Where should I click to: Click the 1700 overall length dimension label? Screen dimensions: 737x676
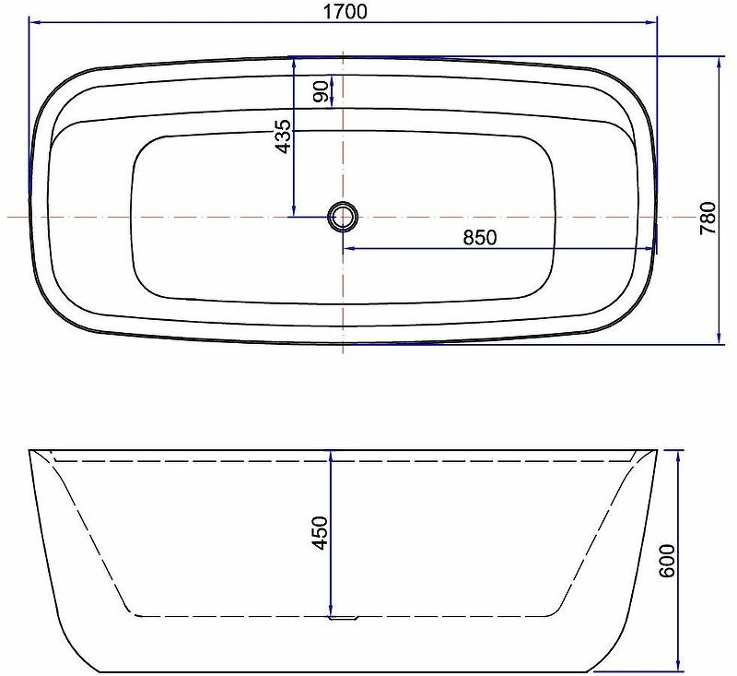click(x=345, y=11)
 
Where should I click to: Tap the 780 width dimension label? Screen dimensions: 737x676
click(x=708, y=218)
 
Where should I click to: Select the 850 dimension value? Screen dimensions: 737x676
click(x=479, y=238)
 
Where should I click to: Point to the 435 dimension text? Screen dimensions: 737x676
click(x=284, y=136)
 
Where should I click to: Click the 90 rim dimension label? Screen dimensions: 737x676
click(x=321, y=91)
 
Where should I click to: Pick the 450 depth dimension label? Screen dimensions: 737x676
click(x=320, y=533)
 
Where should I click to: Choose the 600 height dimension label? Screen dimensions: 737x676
click(x=666, y=561)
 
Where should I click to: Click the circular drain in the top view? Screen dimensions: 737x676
click(x=343, y=217)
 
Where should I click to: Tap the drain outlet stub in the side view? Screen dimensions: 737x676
click(x=345, y=619)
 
